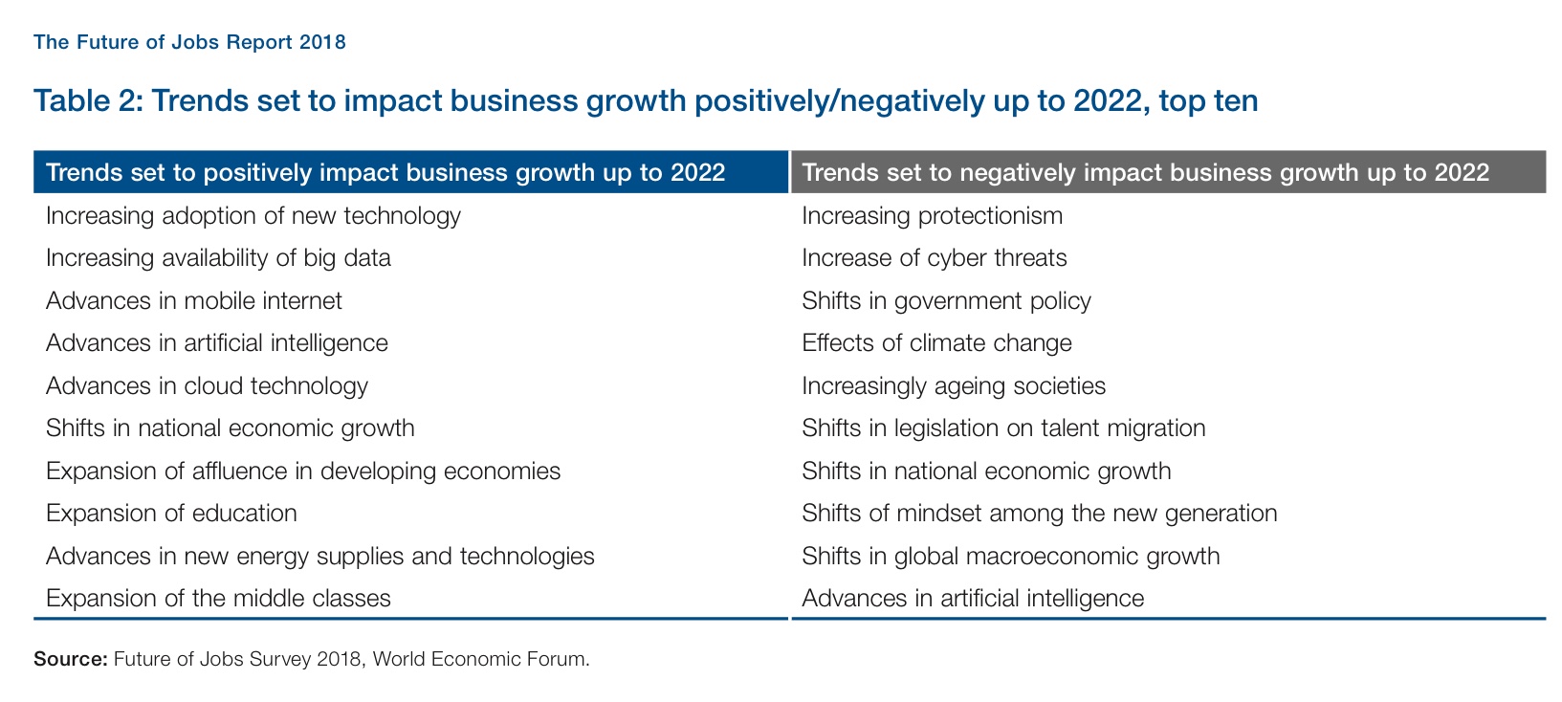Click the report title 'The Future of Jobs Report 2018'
(x=189, y=42)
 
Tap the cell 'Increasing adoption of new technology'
(x=253, y=215)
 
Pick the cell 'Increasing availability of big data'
(x=218, y=258)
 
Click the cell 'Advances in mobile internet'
(x=194, y=300)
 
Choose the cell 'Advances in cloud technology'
(x=207, y=385)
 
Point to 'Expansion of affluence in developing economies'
(x=303, y=471)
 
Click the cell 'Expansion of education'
(x=171, y=513)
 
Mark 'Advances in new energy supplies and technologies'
(x=320, y=556)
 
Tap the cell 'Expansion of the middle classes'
(x=218, y=599)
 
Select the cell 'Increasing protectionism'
(x=932, y=215)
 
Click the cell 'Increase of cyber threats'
(x=934, y=258)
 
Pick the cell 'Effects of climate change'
(x=936, y=342)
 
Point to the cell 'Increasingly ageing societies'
(x=954, y=385)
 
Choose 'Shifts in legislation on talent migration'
(x=1003, y=428)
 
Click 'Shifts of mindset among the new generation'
(x=1039, y=513)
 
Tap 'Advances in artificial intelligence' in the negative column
(x=973, y=599)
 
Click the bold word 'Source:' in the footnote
(x=70, y=659)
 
